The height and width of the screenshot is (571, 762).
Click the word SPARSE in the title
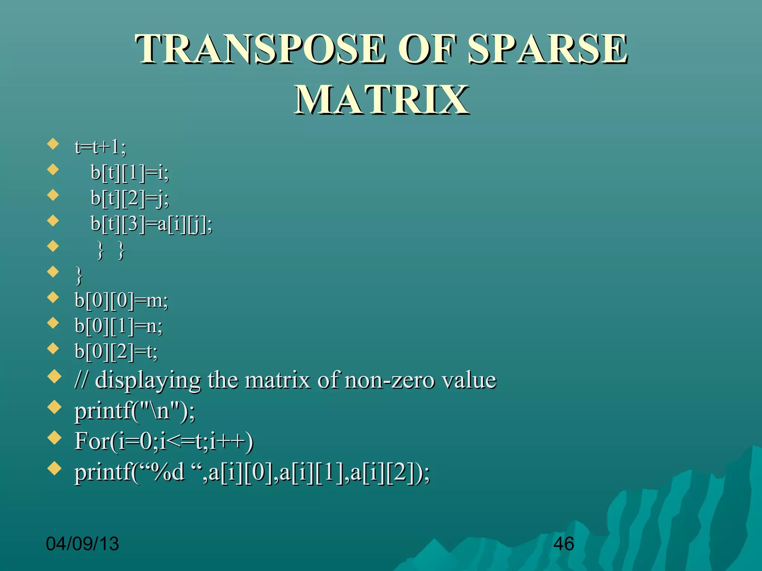(x=547, y=49)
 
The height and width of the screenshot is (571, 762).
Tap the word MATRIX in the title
(x=381, y=100)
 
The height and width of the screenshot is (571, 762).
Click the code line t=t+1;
(x=100, y=147)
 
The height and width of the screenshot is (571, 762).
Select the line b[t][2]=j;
(x=130, y=198)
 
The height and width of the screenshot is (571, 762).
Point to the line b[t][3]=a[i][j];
(x=151, y=224)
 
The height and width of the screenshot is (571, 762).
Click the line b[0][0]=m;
(x=121, y=300)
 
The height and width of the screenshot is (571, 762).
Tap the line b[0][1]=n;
(x=118, y=326)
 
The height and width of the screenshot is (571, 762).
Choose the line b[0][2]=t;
(x=116, y=351)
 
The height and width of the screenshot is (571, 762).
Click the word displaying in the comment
(x=148, y=381)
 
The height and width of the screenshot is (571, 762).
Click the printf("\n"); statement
(x=134, y=412)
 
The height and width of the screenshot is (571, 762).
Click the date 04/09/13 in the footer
(x=82, y=544)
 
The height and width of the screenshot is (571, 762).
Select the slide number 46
(x=563, y=544)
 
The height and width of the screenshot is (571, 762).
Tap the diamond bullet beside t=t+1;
(x=54, y=143)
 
